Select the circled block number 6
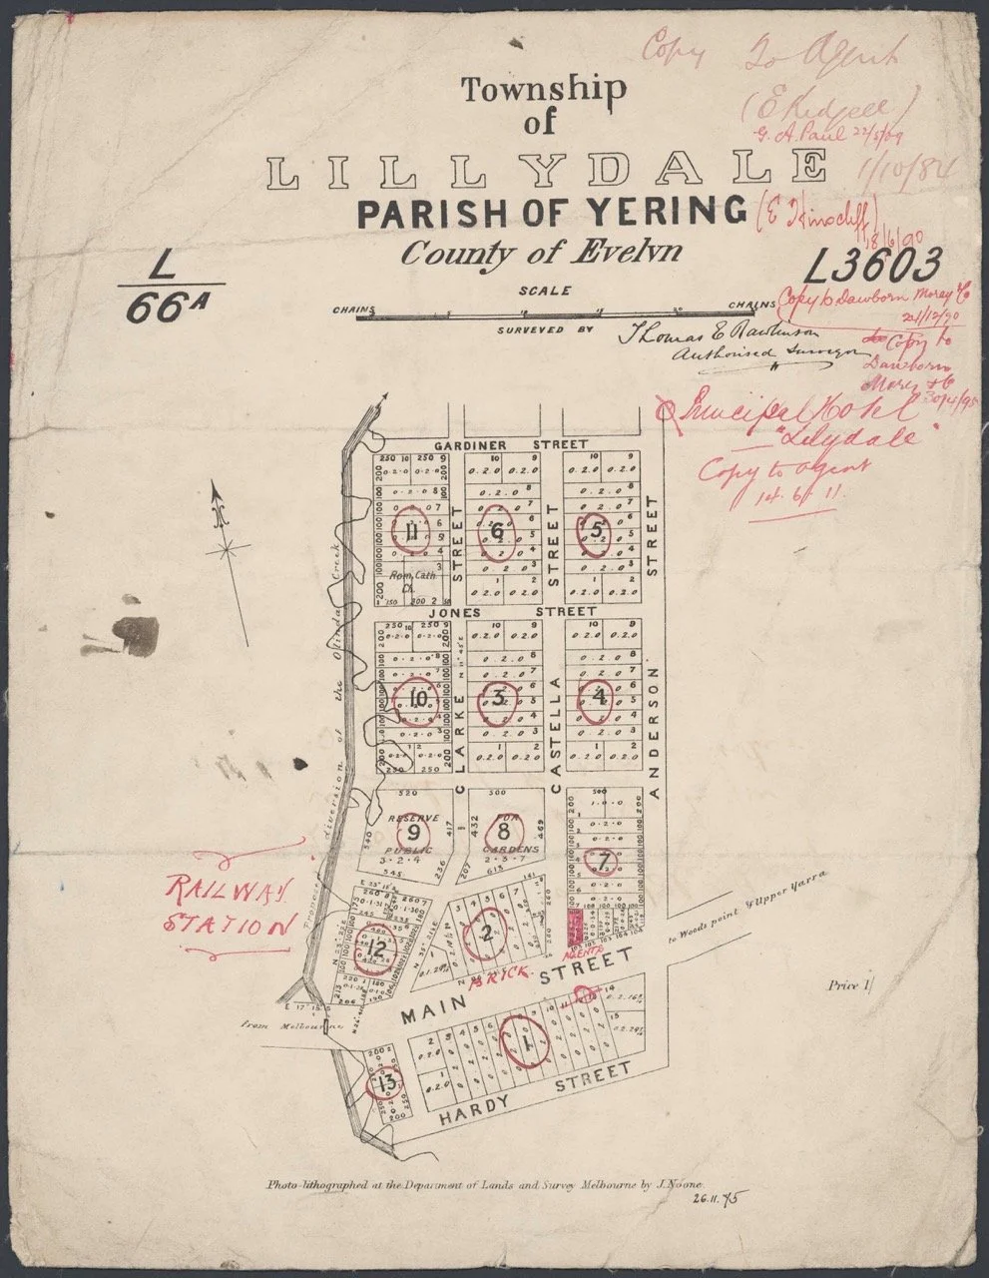pos(497,530)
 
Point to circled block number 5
pos(597,530)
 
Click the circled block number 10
pos(416,699)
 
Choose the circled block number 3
pos(499,698)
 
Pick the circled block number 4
pos(599,697)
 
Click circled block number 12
pos(376,948)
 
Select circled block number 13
pos(387,1083)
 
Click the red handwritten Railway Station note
pos(231,905)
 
